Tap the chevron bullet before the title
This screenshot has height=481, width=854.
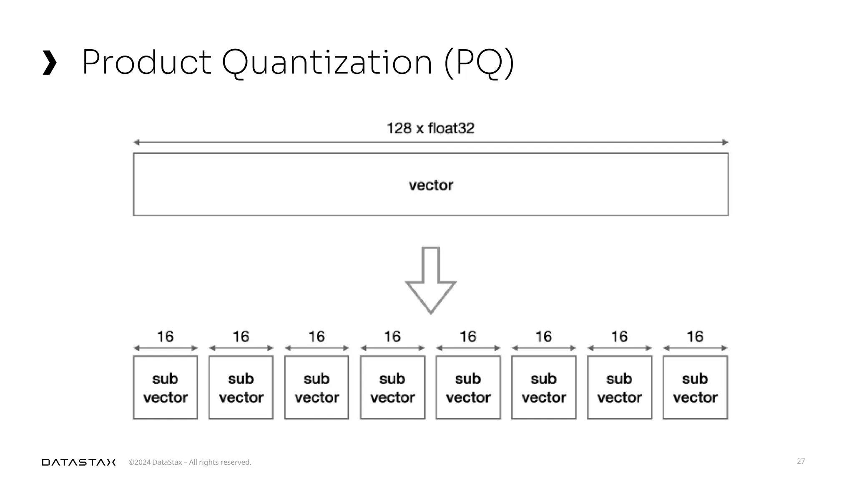tap(50, 63)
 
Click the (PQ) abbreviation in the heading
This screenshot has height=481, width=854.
tap(479, 63)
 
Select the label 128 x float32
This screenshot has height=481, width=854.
tap(430, 128)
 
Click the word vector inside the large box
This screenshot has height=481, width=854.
tap(431, 185)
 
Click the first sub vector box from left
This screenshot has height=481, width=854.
tap(165, 387)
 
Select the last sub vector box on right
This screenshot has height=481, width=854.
tap(695, 387)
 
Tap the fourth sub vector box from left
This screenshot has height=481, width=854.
tap(392, 387)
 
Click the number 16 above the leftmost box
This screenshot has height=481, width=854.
tap(165, 337)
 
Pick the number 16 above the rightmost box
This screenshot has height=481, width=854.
tap(695, 337)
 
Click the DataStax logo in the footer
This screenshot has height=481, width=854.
tap(79, 462)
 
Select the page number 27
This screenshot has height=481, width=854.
tap(801, 461)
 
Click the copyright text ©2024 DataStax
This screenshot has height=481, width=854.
tap(190, 462)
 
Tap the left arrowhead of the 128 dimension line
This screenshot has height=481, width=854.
tap(136, 142)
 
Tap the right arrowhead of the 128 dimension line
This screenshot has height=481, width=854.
tap(725, 142)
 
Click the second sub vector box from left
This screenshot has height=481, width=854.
tap(241, 387)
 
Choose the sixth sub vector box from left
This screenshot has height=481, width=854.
tap(544, 387)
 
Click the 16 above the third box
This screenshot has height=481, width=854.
tap(316, 337)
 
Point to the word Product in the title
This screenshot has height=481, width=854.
tap(146, 63)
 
